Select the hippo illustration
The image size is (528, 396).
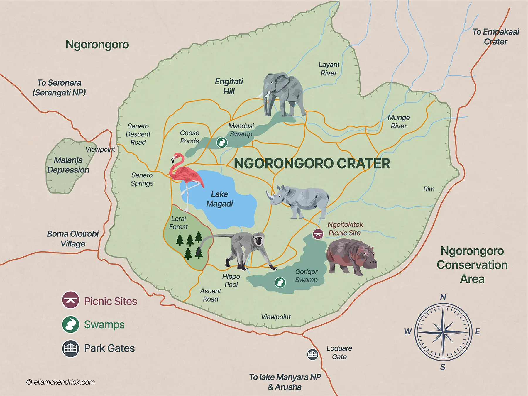click(x=351, y=257)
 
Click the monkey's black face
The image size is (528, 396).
click(x=258, y=241)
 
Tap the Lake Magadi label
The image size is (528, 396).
click(x=219, y=199)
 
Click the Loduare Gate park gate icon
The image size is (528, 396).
click(x=312, y=354)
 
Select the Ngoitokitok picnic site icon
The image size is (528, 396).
click(x=318, y=234)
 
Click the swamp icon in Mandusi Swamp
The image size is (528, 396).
click(x=222, y=143)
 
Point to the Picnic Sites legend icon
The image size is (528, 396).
click(x=70, y=300)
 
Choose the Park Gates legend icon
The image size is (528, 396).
click(x=70, y=348)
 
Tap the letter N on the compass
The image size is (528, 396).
click(x=443, y=297)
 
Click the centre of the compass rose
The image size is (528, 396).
click(x=443, y=332)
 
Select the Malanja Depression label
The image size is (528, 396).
click(x=68, y=165)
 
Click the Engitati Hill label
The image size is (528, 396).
click(x=229, y=86)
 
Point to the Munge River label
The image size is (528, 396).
click(x=399, y=122)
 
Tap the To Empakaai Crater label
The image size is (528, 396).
click(x=495, y=36)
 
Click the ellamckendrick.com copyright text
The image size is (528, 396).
click(x=61, y=382)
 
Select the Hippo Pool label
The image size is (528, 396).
click(x=231, y=280)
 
